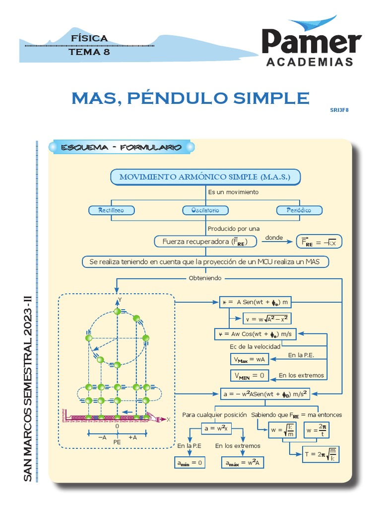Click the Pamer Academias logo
pyautogui.click(x=311, y=45)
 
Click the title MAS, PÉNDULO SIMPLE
pyautogui.click(x=190, y=98)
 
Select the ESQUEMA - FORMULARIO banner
pyautogui.click(x=122, y=148)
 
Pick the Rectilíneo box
pyautogui.click(x=111, y=210)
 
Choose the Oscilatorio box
pyautogui.click(x=205, y=210)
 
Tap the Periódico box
pyautogui.click(x=299, y=210)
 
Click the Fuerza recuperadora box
pyautogui.click(x=205, y=242)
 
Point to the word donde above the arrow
pyautogui.click(x=274, y=238)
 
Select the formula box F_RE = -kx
pyautogui.click(x=319, y=242)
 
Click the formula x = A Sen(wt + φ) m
pyautogui.click(x=254, y=302)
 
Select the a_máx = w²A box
pyautogui.click(x=242, y=463)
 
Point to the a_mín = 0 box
pyautogui.click(x=190, y=463)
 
